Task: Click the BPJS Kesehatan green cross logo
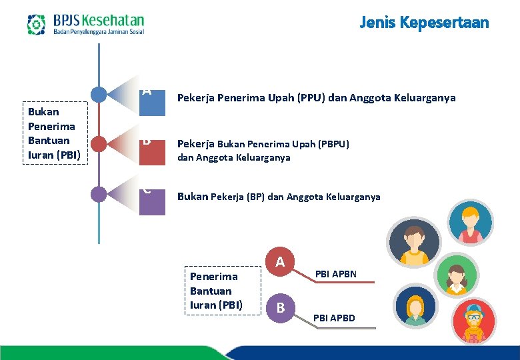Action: pyautogui.click(x=36, y=25)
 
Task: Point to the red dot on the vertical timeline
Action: pyautogui.click(x=99, y=143)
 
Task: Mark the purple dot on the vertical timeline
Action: pyautogui.click(x=99, y=193)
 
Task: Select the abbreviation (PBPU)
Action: pyautogui.click(x=331, y=144)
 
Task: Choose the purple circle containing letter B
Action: pyautogui.click(x=281, y=307)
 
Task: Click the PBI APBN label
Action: pyautogui.click(x=336, y=274)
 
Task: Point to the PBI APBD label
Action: pyautogui.click(x=335, y=318)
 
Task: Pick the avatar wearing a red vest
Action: pyautogui.click(x=471, y=223)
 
